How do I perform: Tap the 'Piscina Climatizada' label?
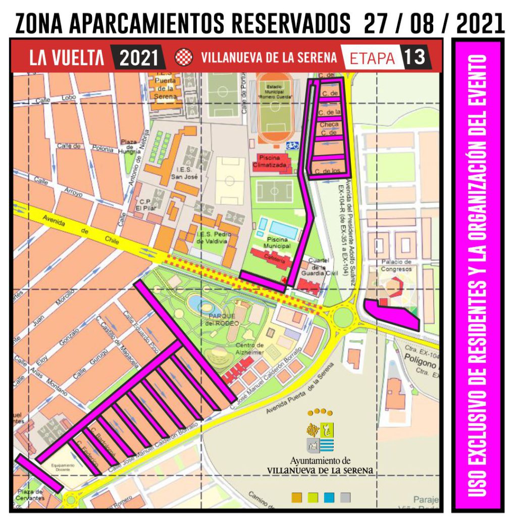pyautogui.click(x=273, y=161)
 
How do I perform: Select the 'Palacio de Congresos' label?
pyautogui.click(x=397, y=266)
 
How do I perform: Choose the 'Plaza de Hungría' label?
pyautogui.click(x=130, y=147)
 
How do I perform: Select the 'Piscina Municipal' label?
pyautogui.click(x=277, y=242)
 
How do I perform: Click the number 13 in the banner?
pyautogui.click(x=415, y=57)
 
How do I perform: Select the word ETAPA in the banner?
pyautogui.click(x=372, y=58)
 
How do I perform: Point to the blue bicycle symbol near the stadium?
pyautogui.click(x=292, y=145)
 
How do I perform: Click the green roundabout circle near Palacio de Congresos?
pyautogui.click(x=343, y=317)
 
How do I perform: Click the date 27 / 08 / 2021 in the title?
pyautogui.click(x=434, y=23)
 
